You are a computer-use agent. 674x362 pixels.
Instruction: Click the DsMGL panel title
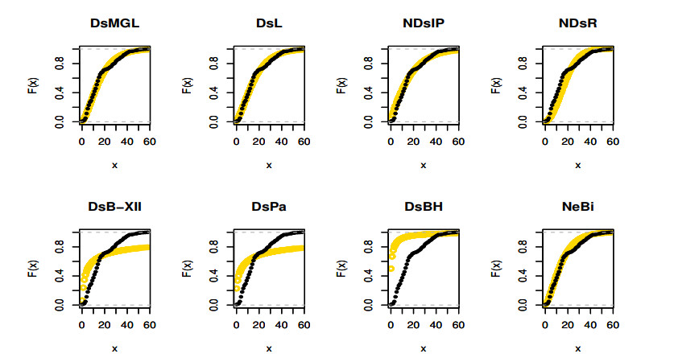pos(114,23)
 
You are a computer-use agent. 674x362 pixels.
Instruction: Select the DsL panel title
pos(269,23)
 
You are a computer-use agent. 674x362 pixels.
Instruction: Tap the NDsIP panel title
pos(423,23)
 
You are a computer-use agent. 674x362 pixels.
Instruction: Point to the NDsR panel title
pos(577,23)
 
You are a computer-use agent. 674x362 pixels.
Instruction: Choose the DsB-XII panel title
pos(114,207)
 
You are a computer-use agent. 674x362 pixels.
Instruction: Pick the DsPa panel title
pos(269,207)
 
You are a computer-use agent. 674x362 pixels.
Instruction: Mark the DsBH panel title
pos(423,207)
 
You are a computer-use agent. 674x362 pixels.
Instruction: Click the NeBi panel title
pos(577,207)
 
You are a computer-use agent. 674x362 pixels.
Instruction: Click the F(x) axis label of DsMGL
pos(33,84)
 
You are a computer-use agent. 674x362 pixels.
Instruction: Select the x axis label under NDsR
pos(577,165)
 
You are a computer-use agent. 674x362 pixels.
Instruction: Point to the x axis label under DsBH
pos(423,348)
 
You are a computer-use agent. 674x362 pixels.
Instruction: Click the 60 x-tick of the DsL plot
pos(303,142)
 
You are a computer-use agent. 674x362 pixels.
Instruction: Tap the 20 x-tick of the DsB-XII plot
pos(103,325)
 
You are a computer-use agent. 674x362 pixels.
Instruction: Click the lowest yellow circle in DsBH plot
pos(391,269)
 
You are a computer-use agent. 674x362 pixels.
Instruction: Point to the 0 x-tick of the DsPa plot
pos(235,325)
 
